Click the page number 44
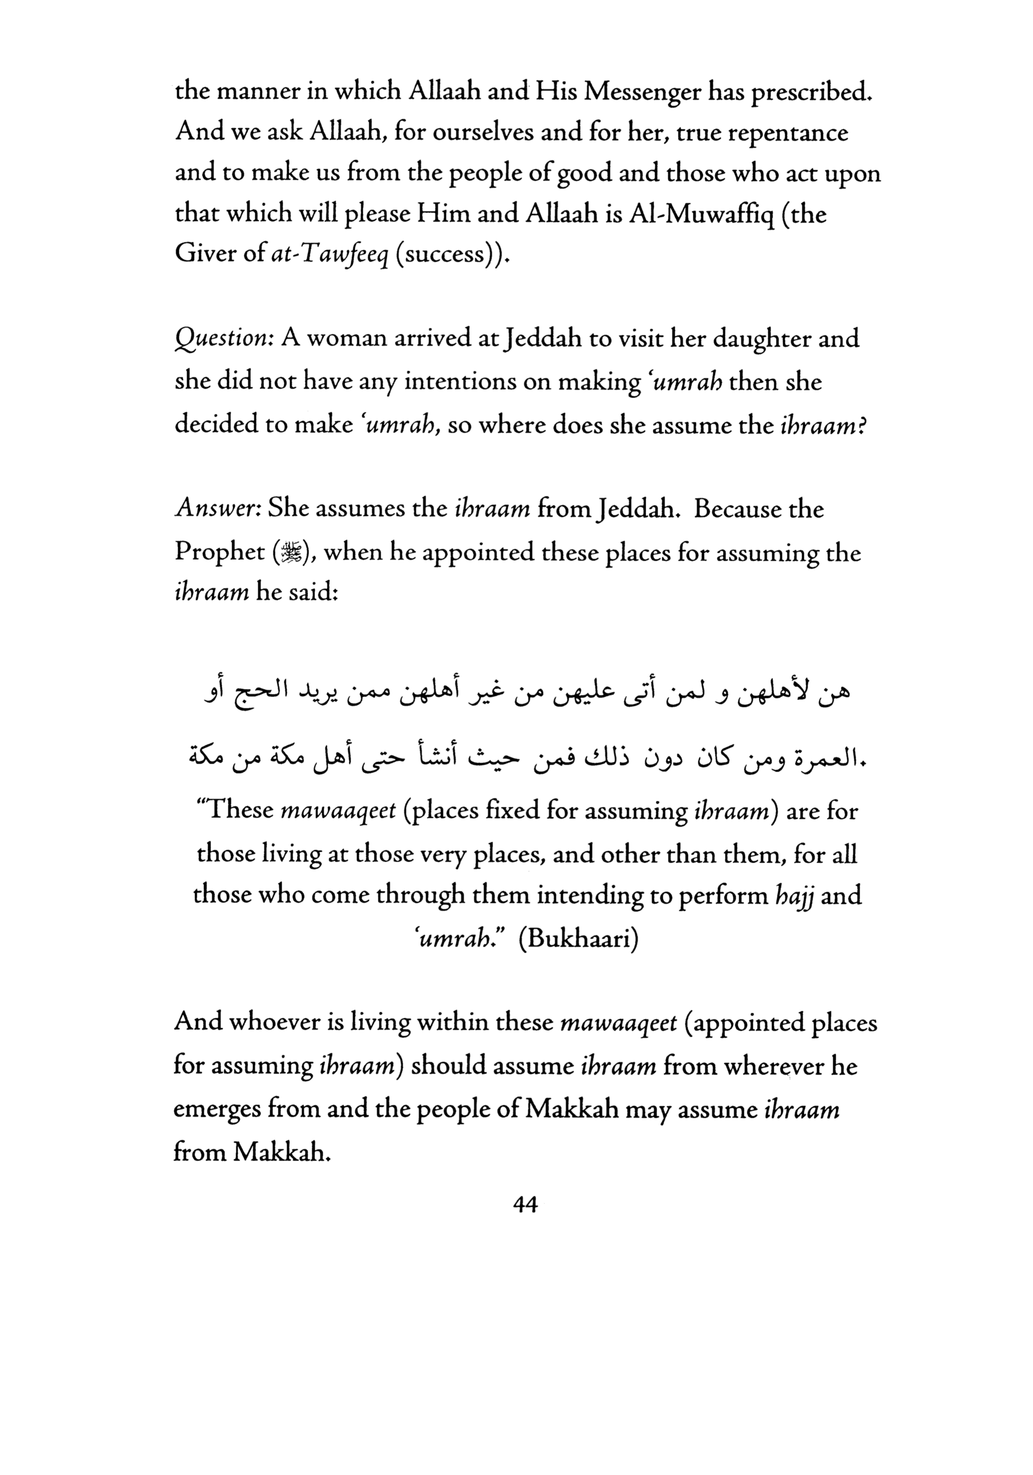525,1206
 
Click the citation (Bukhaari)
578,939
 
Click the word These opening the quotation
236,811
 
